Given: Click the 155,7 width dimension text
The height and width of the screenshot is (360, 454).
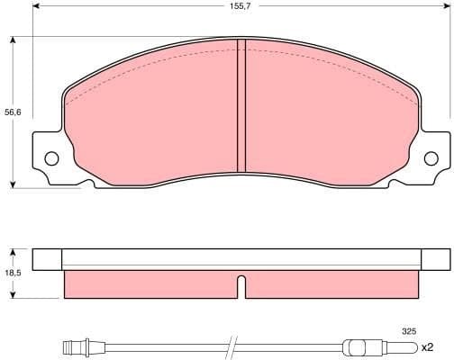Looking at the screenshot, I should tap(241, 6).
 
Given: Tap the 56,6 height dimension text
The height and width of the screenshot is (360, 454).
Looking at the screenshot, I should tap(11, 112).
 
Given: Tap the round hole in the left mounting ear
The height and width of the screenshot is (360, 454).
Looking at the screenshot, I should tap(51, 159).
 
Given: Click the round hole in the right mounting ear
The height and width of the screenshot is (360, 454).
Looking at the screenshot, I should tap(431, 159).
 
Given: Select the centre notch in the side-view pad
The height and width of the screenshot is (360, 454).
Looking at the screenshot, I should tap(241, 286).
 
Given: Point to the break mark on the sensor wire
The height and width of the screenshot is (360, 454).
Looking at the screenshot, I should tap(231, 346).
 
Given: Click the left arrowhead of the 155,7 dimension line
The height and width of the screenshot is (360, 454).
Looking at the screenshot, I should tap(36, 6).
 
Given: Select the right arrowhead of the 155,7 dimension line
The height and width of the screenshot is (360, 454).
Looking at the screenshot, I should tap(446, 6).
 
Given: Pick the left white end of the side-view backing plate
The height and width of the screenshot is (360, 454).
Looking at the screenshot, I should tap(47, 259).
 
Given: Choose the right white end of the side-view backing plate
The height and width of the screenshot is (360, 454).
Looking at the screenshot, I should tap(434, 259).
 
